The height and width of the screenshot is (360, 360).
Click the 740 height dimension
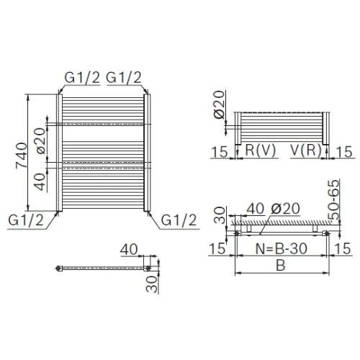pyautogui.click(x=21, y=156)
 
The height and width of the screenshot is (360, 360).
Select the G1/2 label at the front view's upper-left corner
pyautogui.click(x=82, y=77)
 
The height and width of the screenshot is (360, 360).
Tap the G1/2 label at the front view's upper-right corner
pyautogui.click(x=124, y=77)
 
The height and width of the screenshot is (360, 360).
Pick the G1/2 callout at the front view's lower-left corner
pyautogui.click(x=26, y=220)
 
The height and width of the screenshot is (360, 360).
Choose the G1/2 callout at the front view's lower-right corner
pyautogui.click(x=179, y=220)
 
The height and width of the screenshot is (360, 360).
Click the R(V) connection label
pyautogui.click(x=261, y=150)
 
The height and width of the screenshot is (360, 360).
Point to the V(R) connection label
pyautogui.click(x=306, y=150)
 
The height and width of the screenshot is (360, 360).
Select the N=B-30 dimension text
pyautogui.click(x=282, y=248)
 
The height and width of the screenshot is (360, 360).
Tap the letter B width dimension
pyautogui.click(x=280, y=265)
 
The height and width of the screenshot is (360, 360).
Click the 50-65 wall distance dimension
pyautogui.click(x=334, y=199)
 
